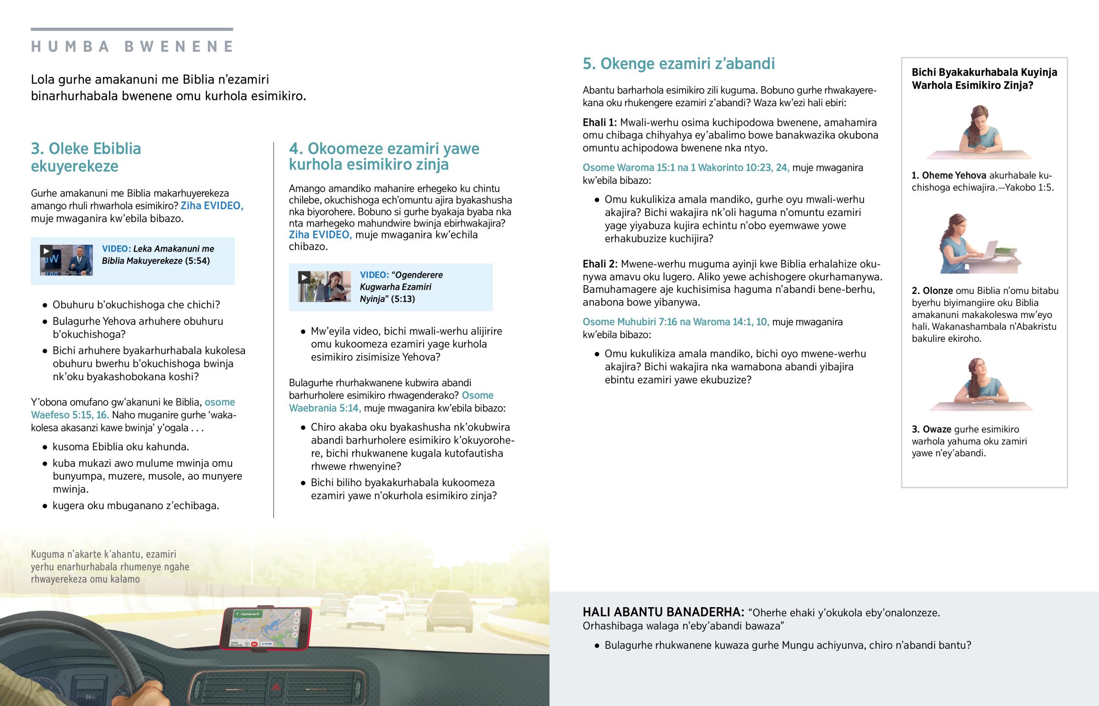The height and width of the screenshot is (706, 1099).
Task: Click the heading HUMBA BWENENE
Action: point(132,46)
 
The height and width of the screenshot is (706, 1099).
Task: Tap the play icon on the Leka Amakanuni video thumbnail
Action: point(46,251)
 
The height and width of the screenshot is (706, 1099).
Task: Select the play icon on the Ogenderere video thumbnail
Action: point(304,277)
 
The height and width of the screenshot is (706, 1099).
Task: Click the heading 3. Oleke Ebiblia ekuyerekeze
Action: point(86,157)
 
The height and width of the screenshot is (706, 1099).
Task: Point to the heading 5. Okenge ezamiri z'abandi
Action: point(678,64)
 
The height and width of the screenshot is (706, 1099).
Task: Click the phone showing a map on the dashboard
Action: point(266,628)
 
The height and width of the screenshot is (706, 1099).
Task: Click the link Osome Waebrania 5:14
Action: point(391,402)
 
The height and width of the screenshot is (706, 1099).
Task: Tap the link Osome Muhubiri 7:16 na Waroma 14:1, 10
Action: point(675,322)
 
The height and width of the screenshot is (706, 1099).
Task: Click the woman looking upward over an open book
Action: point(979,383)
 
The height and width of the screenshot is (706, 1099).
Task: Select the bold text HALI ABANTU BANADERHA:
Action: point(663,613)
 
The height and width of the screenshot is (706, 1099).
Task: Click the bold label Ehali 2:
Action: point(600,264)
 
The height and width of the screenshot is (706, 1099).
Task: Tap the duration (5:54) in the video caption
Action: point(197,261)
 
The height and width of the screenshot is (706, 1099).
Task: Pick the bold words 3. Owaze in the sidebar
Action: point(931,430)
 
